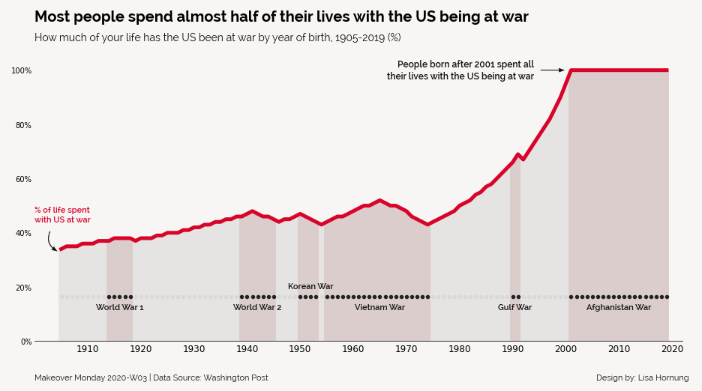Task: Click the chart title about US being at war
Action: coord(281,17)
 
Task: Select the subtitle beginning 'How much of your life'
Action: coord(217,37)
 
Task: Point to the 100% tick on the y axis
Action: coord(21,70)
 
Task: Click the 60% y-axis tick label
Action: coord(22,179)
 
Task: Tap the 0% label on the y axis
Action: coord(25,342)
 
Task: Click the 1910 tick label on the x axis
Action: coord(87,349)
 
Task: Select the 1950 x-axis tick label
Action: coord(300,349)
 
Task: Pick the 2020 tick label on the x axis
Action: coord(672,349)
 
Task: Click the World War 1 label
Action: coord(119,307)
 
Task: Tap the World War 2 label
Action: coord(257,307)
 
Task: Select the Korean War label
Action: coord(310,286)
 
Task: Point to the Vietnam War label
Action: coord(379,307)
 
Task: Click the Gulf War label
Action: coord(514,307)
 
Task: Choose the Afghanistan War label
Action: coord(618,307)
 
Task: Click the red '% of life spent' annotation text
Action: coord(62,215)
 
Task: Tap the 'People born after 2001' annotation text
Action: coord(460,70)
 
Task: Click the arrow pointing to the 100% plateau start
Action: coord(552,70)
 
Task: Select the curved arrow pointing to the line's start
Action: coord(51,242)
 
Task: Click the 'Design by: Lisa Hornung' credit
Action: coord(642,378)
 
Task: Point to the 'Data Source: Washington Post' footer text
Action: coord(211,378)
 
